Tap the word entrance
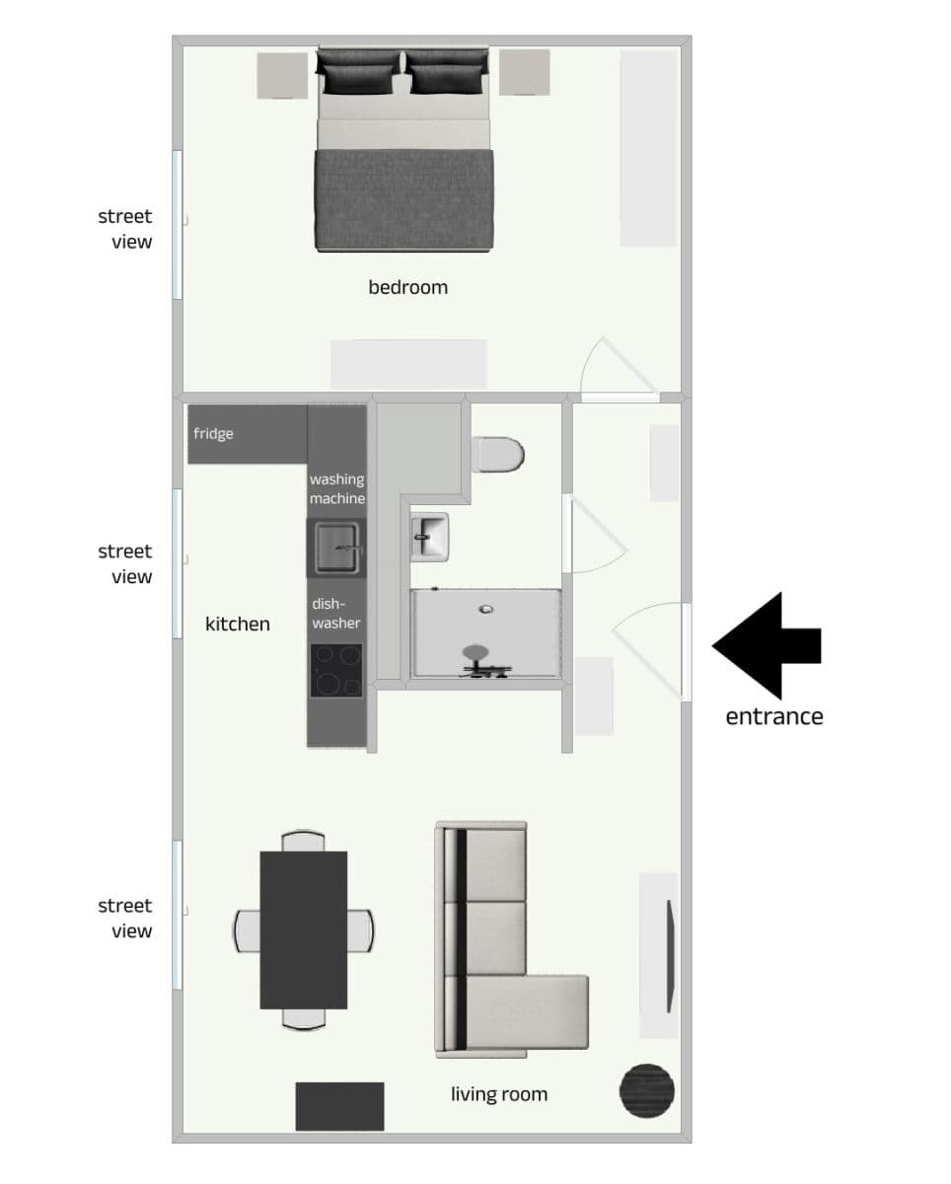click(x=773, y=716)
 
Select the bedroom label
click(x=407, y=287)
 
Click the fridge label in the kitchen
click(x=213, y=433)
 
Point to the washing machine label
click(x=337, y=488)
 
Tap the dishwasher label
click(x=336, y=613)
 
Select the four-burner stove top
click(x=336, y=671)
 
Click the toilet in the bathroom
click(x=499, y=455)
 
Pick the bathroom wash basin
click(x=429, y=537)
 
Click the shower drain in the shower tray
click(x=484, y=609)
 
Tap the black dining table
click(x=303, y=929)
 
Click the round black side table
click(x=647, y=1090)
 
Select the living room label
click(x=499, y=1093)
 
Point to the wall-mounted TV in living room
click(x=671, y=956)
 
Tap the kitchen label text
click(x=238, y=624)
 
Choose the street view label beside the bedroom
click(x=125, y=229)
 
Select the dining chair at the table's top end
click(x=303, y=841)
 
